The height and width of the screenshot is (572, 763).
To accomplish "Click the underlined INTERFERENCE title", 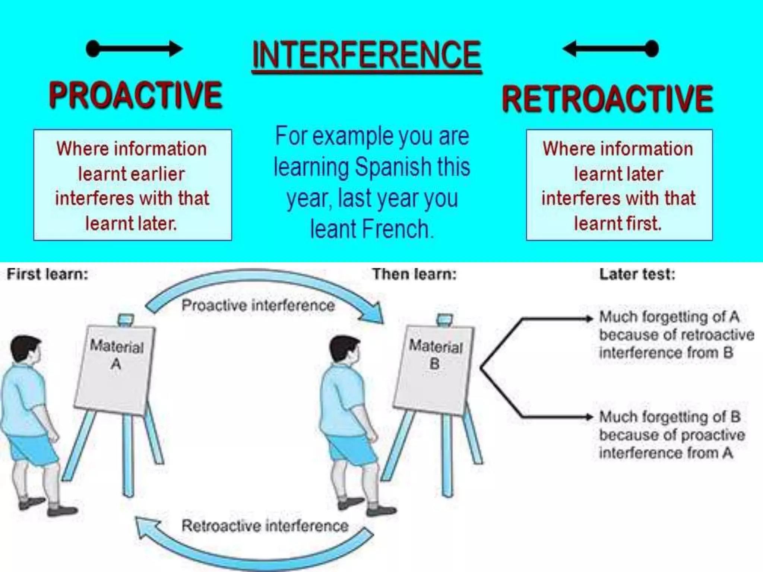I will click(367, 56).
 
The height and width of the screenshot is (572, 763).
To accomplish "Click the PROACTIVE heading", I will click(136, 96).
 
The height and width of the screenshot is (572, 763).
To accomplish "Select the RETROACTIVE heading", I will click(607, 99).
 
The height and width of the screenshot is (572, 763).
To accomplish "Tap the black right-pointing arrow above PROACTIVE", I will click(134, 49).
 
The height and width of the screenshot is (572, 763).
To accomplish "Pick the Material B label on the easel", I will click(436, 354).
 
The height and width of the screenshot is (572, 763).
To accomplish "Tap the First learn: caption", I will click(48, 274).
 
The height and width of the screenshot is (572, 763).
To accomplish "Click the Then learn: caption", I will click(414, 274).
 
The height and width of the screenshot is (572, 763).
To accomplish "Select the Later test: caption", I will click(637, 274).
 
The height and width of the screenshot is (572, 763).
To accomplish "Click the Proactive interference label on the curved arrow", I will click(258, 305).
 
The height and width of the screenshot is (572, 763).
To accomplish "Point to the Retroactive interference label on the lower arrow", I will click(265, 526).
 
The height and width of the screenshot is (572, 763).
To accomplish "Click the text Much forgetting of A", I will click(669, 317).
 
